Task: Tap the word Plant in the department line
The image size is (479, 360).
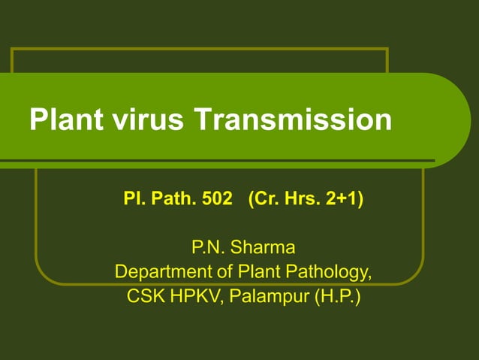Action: (257, 271)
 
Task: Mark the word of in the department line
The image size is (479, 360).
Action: (221, 271)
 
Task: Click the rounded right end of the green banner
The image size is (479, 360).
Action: (450, 120)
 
